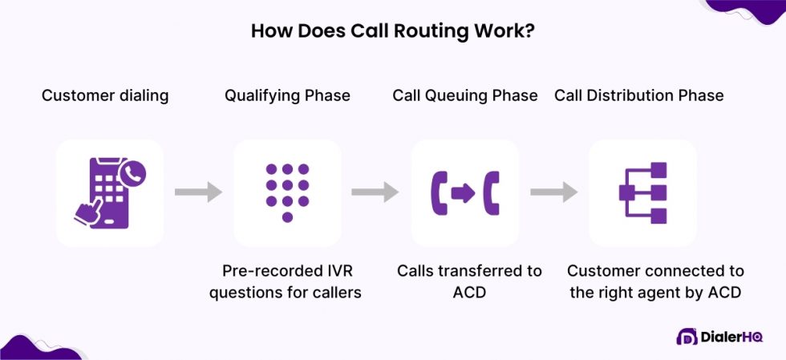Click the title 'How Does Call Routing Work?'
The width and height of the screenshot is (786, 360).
[x=392, y=31]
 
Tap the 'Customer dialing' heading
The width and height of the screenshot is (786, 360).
[x=105, y=95]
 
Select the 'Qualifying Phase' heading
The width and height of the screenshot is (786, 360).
[x=287, y=95]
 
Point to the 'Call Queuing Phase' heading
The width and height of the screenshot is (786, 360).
[x=464, y=95]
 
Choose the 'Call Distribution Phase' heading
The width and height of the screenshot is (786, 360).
[x=638, y=95]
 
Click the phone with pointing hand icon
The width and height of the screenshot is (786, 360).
[x=110, y=193]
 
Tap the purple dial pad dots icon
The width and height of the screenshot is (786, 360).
[x=287, y=192]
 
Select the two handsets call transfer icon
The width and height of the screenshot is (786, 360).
[x=464, y=193]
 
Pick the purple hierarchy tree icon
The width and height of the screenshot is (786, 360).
[x=642, y=193]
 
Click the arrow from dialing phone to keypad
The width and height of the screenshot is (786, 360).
[x=198, y=192]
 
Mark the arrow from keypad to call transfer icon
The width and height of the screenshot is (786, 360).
[x=375, y=192]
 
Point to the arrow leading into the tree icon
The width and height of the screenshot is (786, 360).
[x=553, y=192]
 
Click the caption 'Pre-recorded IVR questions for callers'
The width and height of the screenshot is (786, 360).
[x=286, y=281]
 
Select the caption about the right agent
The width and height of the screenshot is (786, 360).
[x=656, y=281]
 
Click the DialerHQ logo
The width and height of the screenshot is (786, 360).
[x=719, y=337]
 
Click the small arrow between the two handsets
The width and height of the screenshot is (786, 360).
[x=464, y=193]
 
